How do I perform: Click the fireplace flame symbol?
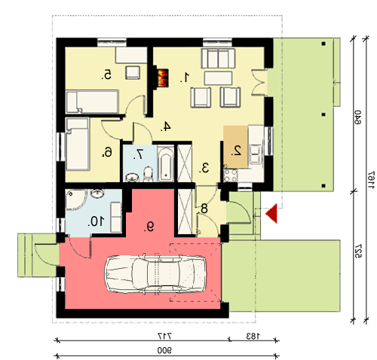pyautogui.click(x=163, y=78)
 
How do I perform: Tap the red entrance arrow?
pyautogui.click(x=271, y=213)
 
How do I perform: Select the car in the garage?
pyautogui.click(x=155, y=273)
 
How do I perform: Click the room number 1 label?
pyautogui.click(x=185, y=77)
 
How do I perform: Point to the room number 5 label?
pyautogui.click(x=106, y=75)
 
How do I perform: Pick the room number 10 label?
pyautogui.click(x=96, y=221)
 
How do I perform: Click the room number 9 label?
pyautogui.click(x=149, y=227)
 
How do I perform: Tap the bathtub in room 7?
pyautogui.click(x=166, y=164)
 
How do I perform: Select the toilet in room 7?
pyautogui.click(x=149, y=173)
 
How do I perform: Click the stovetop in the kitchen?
pyautogui.click(x=231, y=175)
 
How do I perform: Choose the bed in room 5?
pyautogui.click(x=92, y=102)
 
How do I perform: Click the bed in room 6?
pyautogui.click(x=78, y=144)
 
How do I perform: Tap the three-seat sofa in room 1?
pyautogui.click(x=218, y=58)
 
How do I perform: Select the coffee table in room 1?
pyautogui.click(x=218, y=78)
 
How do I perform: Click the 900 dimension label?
pyautogui.click(x=164, y=350)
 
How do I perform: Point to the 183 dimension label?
pyautogui.click(x=253, y=336)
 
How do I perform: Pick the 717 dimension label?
pyautogui.click(x=164, y=336)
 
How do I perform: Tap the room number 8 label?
pyautogui.click(x=203, y=209)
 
